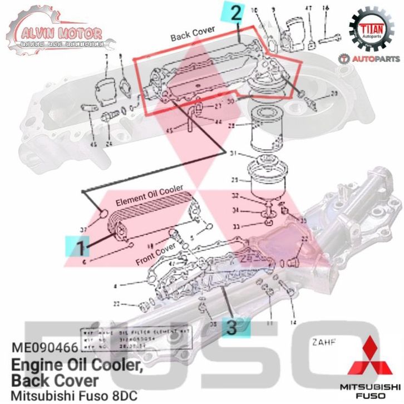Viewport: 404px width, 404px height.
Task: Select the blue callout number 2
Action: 235,12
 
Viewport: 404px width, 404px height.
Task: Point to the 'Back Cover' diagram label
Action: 193,35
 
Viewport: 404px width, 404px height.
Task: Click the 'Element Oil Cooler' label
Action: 149,198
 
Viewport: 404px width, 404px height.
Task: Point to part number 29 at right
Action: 334,93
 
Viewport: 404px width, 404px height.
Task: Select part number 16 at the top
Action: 326,8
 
